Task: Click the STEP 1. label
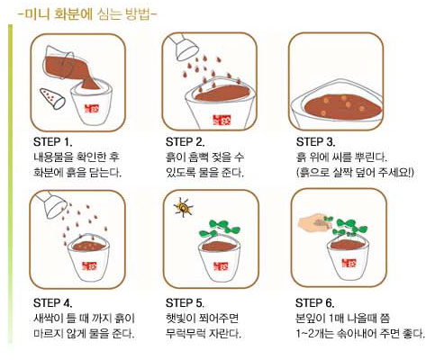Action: point(53,142)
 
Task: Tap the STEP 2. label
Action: point(185,142)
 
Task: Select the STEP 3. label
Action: point(315,142)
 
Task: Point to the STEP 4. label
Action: point(53,303)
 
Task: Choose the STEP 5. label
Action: point(185,303)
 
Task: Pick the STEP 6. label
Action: point(315,303)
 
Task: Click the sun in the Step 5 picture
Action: point(183,207)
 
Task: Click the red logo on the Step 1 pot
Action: point(92,109)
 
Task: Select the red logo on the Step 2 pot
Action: point(220,120)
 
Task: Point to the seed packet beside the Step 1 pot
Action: point(52,99)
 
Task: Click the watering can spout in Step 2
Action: point(183,46)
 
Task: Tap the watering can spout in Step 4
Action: point(51,204)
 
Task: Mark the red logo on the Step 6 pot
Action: point(349,264)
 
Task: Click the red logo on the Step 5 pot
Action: point(221,265)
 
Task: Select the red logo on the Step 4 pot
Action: point(90,265)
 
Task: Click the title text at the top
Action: point(87,14)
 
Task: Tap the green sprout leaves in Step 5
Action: point(220,228)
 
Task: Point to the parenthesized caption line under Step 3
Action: point(355,172)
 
